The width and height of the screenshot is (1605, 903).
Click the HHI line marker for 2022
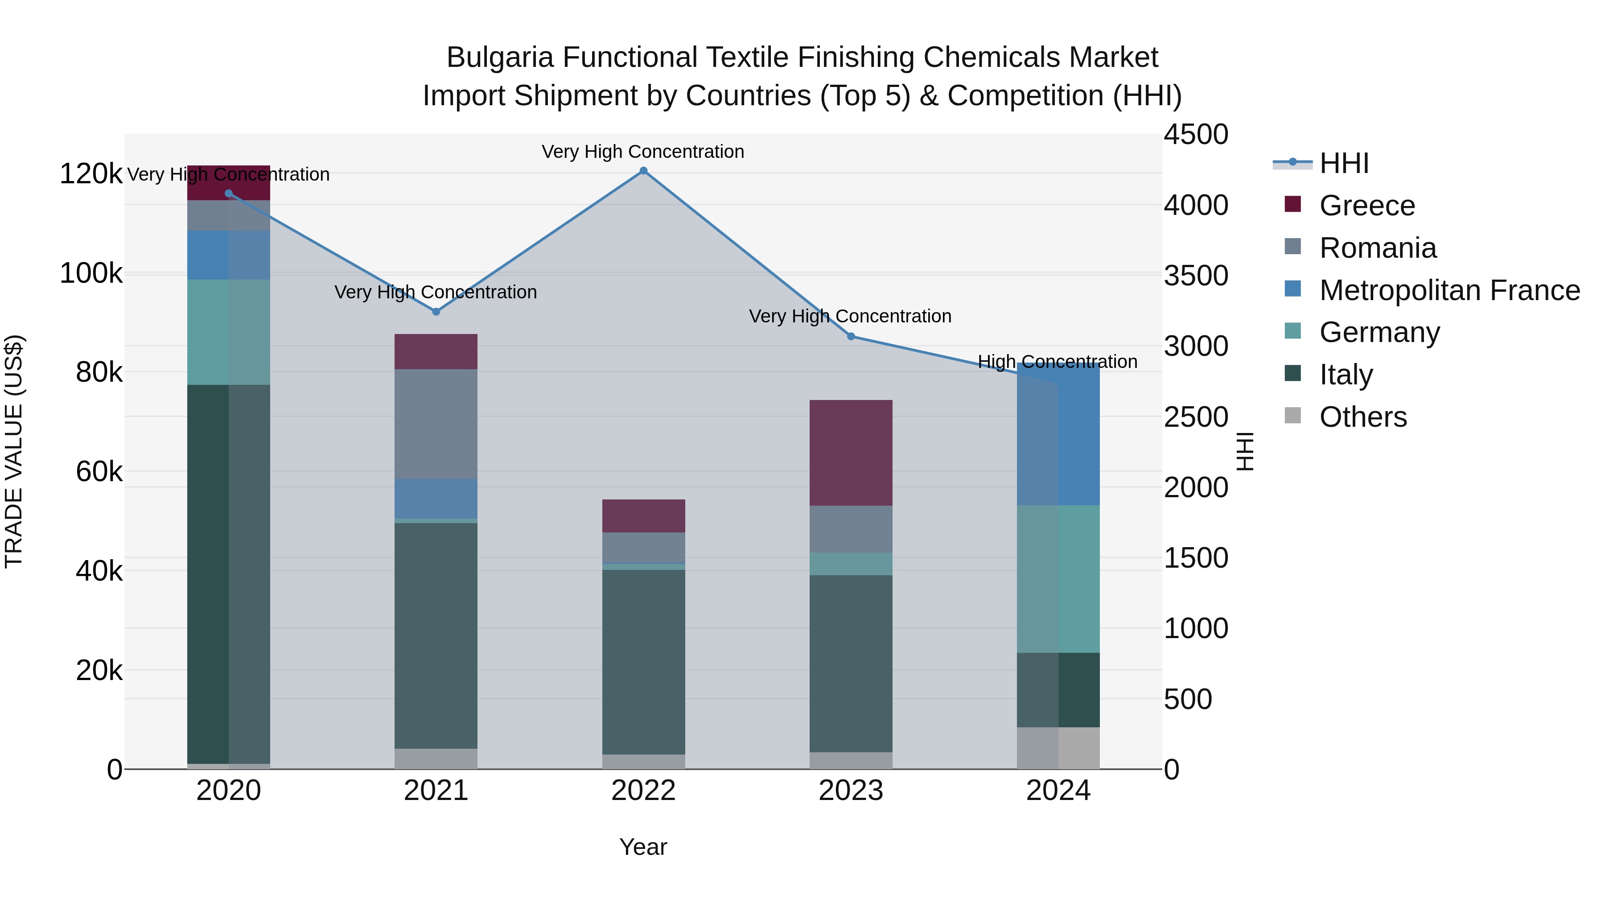coord(644,171)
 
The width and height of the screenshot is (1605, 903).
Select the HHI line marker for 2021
coord(436,312)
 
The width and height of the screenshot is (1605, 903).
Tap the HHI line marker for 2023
coord(851,337)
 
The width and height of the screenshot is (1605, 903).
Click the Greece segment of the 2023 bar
coord(851,453)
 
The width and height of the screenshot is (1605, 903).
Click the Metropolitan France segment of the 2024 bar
coord(1058,434)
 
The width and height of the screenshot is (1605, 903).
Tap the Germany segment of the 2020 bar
coord(229,332)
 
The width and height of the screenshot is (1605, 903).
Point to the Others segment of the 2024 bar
coord(1058,748)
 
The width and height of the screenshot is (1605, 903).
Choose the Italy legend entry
coord(1346,375)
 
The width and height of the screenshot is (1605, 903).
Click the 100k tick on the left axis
coord(91,274)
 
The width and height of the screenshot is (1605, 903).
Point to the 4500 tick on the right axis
coord(1196,135)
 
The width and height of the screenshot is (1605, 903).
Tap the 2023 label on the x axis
coord(851,791)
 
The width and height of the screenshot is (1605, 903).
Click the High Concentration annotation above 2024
coord(1058,362)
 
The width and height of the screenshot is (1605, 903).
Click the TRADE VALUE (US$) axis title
coord(14,451)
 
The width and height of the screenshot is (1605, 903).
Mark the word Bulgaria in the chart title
coord(500,58)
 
